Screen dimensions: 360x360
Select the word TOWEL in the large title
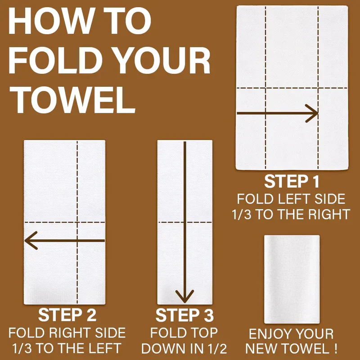[x=72, y=100]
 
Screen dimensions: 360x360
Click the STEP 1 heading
[x=292, y=182]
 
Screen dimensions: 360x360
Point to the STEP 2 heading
[x=67, y=315]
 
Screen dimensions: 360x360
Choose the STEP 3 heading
[x=184, y=315]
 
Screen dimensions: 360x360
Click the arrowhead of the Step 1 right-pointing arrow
[x=312, y=113]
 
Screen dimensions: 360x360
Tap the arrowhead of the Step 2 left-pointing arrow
[x=31, y=240]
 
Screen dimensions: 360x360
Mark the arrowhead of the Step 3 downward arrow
[x=184, y=297]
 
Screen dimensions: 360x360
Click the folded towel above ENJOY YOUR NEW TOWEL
[x=292, y=279]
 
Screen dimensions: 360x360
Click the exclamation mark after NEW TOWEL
[x=336, y=348]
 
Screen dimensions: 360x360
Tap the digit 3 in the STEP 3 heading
[x=209, y=315]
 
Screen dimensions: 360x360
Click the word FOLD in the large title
[x=55, y=60]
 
